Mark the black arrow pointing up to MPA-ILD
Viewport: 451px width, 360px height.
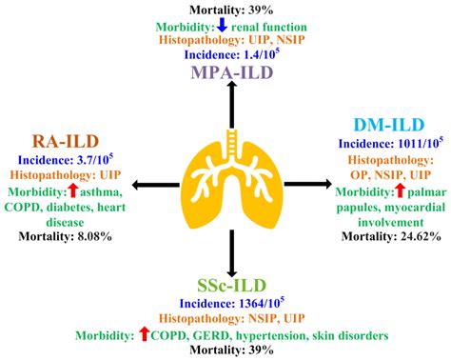click(x=228, y=110)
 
